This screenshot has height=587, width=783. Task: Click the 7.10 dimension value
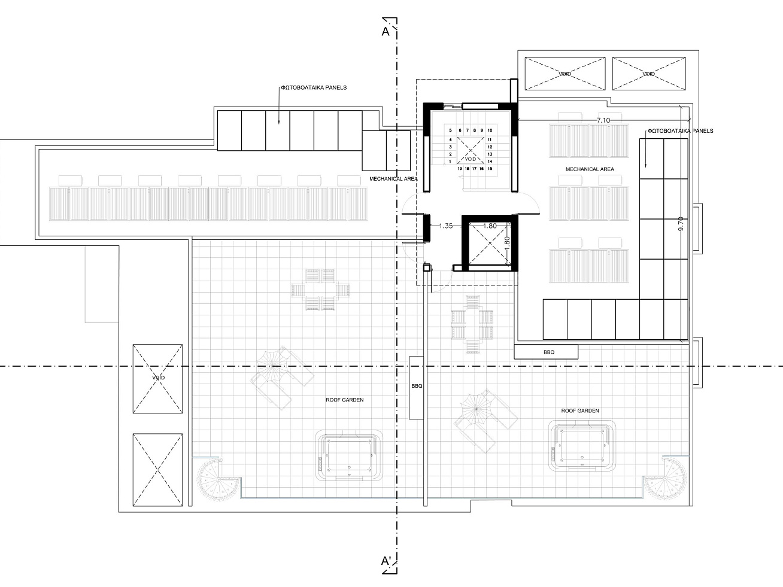[603, 120]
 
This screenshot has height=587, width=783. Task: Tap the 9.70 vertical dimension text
[681, 224]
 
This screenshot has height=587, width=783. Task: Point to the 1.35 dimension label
[446, 226]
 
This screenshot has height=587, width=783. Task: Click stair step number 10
[490, 130]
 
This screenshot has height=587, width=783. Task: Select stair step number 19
[460, 169]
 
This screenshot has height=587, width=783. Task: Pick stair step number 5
[451, 130]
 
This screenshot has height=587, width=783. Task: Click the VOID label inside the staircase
[471, 159]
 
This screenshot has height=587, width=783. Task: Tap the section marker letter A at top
[386, 32]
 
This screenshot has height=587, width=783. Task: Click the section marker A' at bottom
[386, 561]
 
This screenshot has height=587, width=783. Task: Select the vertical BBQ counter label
[417, 386]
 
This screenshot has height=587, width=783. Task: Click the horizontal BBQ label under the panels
[549, 352]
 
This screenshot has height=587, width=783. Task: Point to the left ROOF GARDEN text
[345, 400]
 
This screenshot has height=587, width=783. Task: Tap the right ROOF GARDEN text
[580, 410]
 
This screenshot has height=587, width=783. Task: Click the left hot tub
[349, 455]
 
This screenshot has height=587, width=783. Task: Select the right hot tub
[582, 446]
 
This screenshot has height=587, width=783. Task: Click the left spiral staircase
[217, 479]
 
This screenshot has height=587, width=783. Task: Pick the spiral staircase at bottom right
[666, 477]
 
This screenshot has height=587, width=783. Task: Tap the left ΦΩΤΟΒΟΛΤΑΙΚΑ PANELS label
[314, 88]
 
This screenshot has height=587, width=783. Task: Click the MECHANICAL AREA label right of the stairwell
[590, 169]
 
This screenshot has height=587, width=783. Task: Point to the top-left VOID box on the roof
[565, 74]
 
